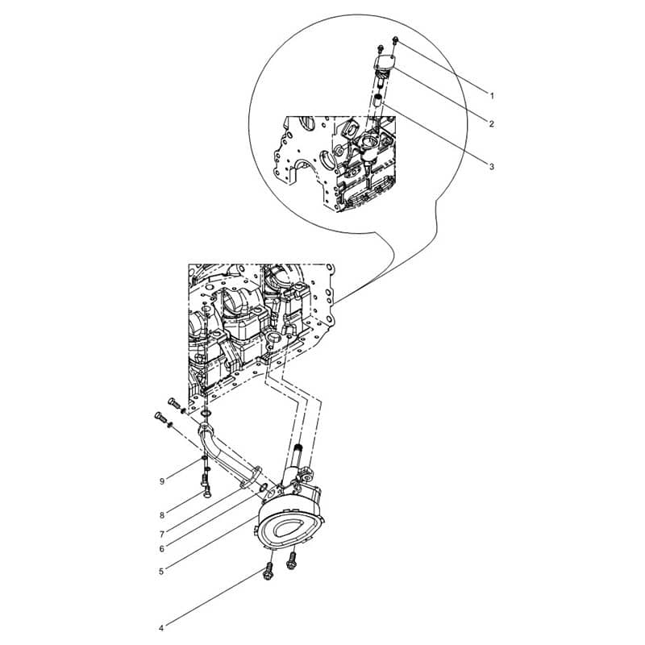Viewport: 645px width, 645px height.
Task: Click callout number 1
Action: click(x=492, y=96)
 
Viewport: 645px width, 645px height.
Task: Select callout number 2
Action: click(x=492, y=123)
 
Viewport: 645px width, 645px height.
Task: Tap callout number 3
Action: click(x=492, y=167)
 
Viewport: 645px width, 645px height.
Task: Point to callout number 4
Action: click(x=161, y=628)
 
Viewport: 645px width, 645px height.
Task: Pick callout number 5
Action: click(x=161, y=572)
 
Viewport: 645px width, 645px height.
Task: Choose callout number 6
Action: click(x=162, y=549)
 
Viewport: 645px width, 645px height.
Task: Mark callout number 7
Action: click(x=162, y=535)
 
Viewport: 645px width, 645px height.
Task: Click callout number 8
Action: click(x=162, y=515)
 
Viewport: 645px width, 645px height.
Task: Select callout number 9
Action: click(x=162, y=481)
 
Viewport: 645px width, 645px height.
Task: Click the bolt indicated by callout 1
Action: click(x=395, y=40)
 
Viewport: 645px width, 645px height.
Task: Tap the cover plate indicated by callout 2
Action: click(x=385, y=62)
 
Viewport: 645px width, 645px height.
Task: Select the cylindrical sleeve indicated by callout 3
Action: click(x=377, y=100)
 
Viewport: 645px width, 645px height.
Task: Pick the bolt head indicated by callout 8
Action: click(x=207, y=490)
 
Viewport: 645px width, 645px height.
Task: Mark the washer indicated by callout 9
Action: click(x=204, y=459)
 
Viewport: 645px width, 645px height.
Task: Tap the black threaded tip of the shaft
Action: click(x=299, y=447)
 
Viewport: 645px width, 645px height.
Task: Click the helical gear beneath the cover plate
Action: click(x=381, y=75)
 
